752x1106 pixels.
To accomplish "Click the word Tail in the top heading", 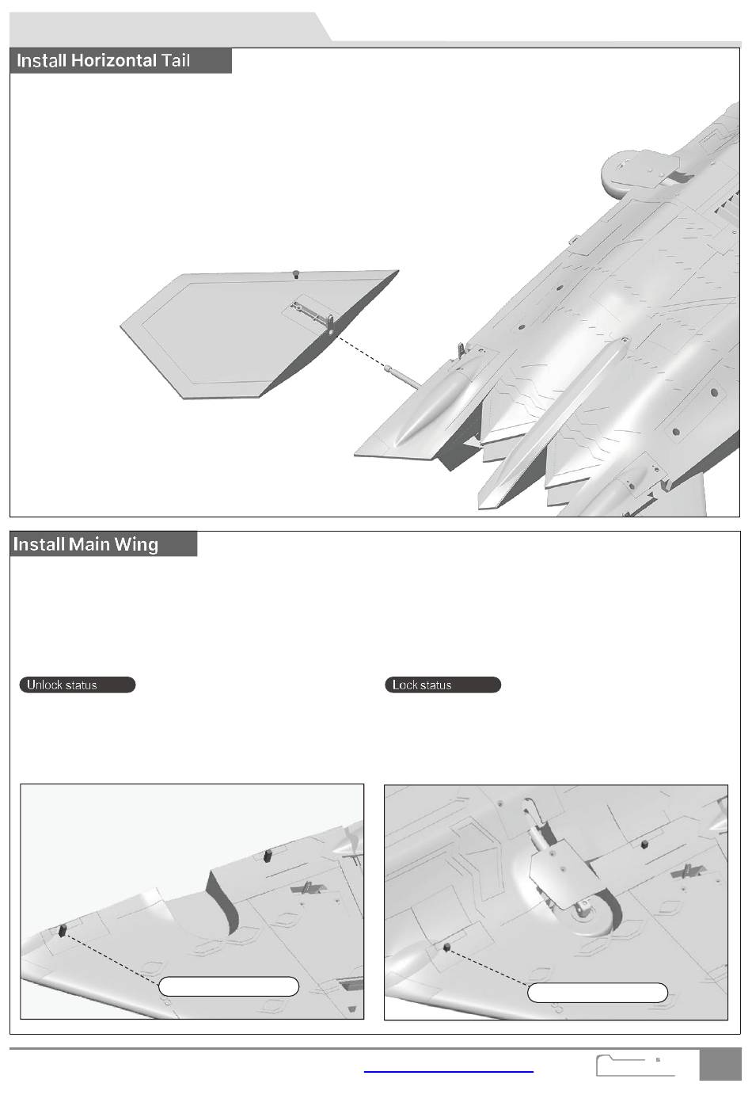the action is coord(176,60).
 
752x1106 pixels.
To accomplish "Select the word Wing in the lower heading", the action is coord(136,544).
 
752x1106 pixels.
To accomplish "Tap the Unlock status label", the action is coord(78,685).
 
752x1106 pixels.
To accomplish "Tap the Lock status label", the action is coord(442,685).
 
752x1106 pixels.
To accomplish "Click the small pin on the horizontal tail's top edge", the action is coord(295,274).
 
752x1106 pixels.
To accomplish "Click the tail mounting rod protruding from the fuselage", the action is coord(403,376).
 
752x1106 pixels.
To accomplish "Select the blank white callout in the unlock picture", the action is coord(229,986).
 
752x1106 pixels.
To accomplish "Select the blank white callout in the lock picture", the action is coord(598,993).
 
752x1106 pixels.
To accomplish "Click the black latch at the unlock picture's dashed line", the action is coord(63,931).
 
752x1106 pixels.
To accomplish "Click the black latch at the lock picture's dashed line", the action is coord(446,947).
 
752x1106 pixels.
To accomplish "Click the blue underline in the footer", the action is coord(449,1071).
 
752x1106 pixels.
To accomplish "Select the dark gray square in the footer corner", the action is coord(720,1064).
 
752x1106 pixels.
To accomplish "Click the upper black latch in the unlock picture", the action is coord(268,855).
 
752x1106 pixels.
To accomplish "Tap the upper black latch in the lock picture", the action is coord(644,845).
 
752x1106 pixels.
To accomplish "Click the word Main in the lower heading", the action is coord(89,544).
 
